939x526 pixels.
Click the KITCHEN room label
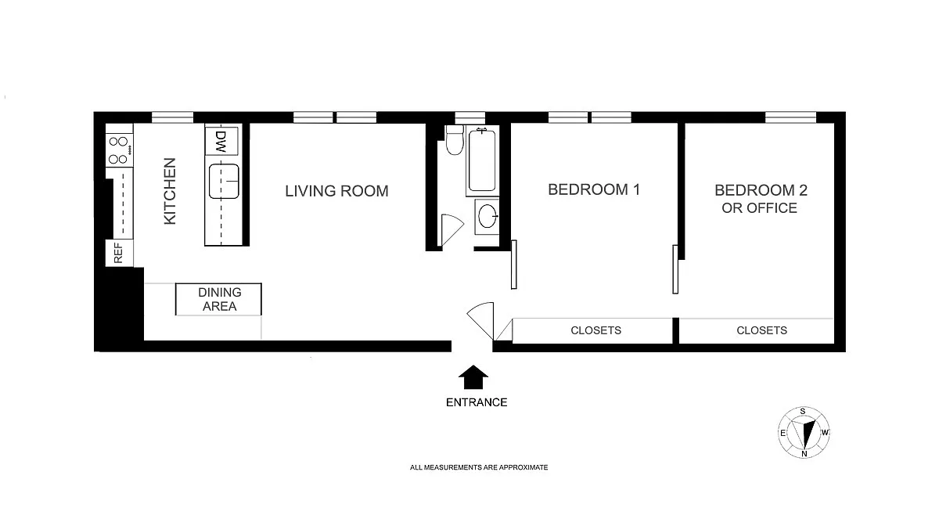point(170,191)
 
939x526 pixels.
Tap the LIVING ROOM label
point(336,191)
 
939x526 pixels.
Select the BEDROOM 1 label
point(594,189)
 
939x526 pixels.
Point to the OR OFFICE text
point(759,208)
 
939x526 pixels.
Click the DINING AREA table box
point(218,299)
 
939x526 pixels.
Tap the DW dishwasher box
point(221,141)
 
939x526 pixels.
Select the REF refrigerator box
point(119,253)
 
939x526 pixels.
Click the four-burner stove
point(119,150)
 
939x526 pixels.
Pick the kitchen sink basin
point(224,182)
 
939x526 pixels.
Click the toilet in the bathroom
point(455,139)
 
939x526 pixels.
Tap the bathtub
point(482,160)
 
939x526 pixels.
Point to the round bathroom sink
point(487,216)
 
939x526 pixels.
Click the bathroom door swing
point(452,230)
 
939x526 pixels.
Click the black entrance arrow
point(473,377)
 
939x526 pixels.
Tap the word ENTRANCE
point(477,402)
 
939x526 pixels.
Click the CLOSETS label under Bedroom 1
point(595,330)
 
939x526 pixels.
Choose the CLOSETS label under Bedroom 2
point(761,330)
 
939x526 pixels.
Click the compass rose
point(804,432)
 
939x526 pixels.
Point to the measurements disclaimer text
point(479,467)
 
